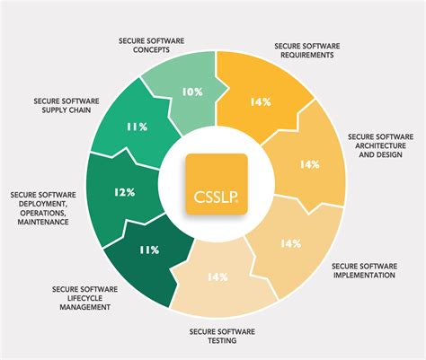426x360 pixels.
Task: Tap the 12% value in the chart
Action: coord(125,192)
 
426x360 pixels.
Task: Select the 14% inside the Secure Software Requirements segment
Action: coord(262,102)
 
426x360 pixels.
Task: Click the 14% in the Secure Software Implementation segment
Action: coord(290,243)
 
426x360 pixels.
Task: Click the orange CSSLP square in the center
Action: coord(216,184)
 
